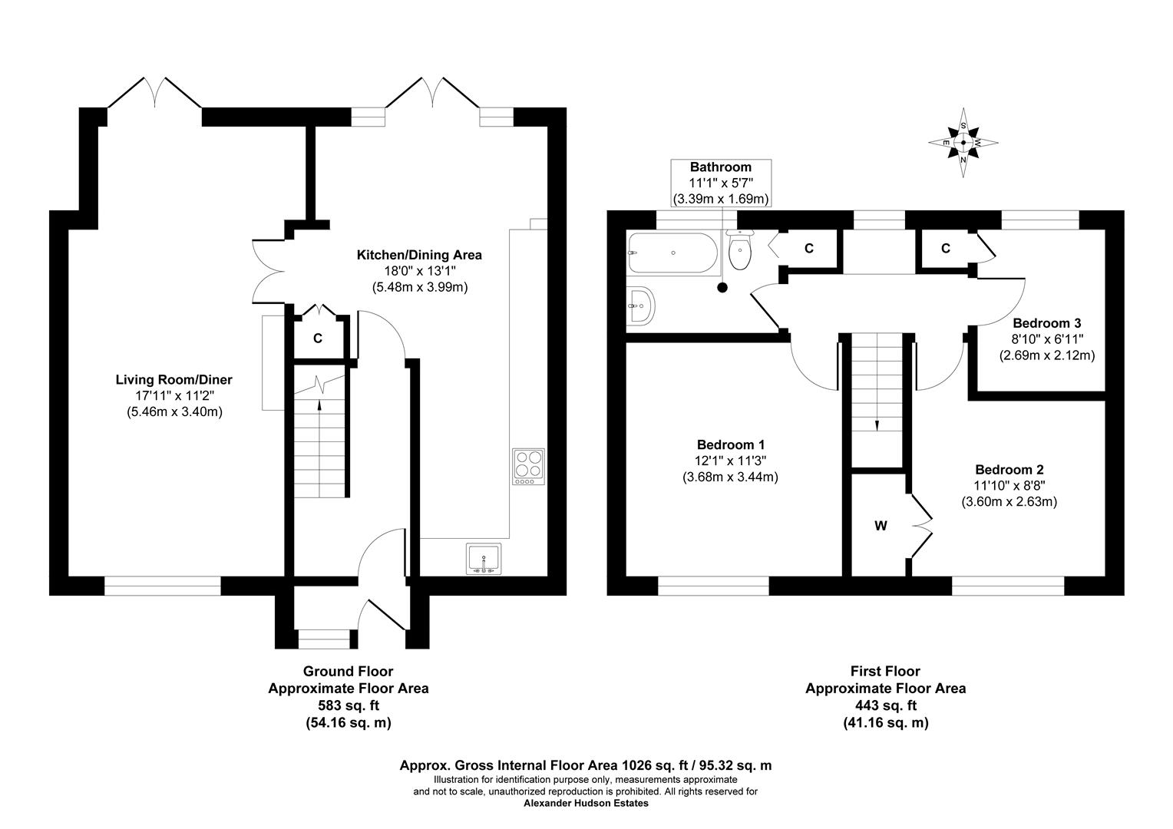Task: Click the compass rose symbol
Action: pyautogui.click(x=963, y=143)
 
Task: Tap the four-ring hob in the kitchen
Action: pyautogui.click(x=528, y=466)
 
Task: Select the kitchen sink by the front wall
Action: pyautogui.click(x=484, y=559)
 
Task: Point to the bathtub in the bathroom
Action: pyautogui.click(x=672, y=253)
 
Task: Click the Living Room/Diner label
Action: pyautogui.click(x=173, y=379)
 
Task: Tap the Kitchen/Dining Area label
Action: pyautogui.click(x=418, y=255)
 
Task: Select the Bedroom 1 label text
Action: pyautogui.click(x=730, y=444)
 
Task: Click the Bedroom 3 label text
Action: pyautogui.click(x=1046, y=323)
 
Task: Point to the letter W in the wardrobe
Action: pyautogui.click(x=881, y=526)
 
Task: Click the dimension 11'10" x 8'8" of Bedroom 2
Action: pyautogui.click(x=1009, y=485)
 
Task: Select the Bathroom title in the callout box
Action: pyautogui.click(x=720, y=167)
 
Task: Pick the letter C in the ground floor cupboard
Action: pyautogui.click(x=317, y=339)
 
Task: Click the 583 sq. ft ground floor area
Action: pyautogui.click(x=348, y=705)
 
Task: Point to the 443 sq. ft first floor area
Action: pyautogui.click(x=885, y=705)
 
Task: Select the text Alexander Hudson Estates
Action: pyautogui.click(x=586, y=803)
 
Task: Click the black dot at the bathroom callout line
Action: pyautogui.click(x=722, y=288)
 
